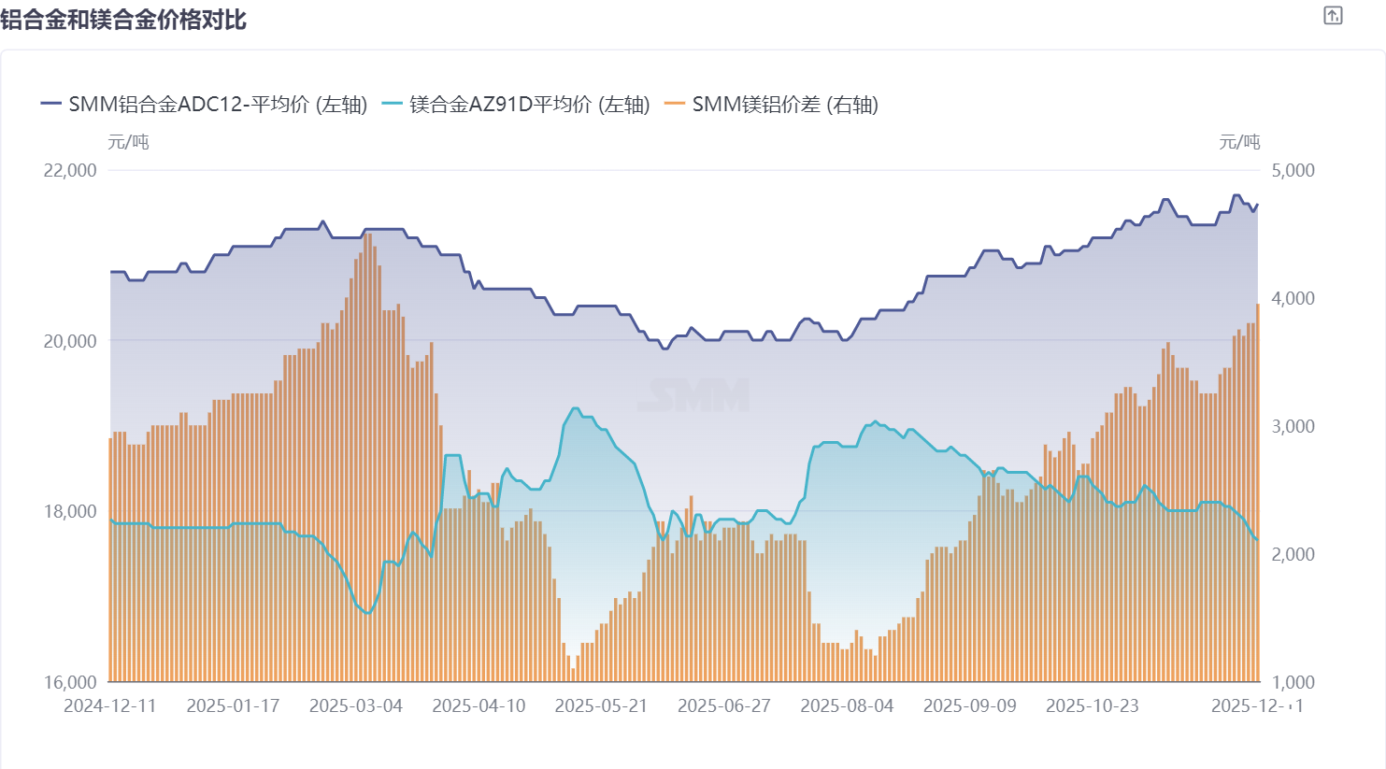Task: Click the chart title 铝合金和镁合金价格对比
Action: tap(123, 20)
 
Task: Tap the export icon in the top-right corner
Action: tap(1333, 16)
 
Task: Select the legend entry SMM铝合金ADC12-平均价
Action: tap(205, 105)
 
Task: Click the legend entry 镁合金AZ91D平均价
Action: tap(517, 105)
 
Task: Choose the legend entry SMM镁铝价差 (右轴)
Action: tap(772, 105)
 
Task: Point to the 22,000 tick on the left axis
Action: tap(70, 170)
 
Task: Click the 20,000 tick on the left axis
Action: tap(70, 341)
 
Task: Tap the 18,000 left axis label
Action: tap(70, 511)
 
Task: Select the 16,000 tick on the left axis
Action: tap(70, 682)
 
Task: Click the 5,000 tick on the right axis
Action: tap(1293, 170)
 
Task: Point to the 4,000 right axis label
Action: tap(1293, 298)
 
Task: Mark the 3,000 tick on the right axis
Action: tap(1293, 426)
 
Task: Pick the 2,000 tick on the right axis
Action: tap(1293, 554)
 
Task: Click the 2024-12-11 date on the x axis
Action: tap(110, 705)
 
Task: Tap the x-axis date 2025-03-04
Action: tap(356, 705)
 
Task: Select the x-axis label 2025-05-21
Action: tap(601, 705)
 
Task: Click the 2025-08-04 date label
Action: tap(847, 705)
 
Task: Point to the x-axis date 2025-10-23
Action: tap(1093, 705)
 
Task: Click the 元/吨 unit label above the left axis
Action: tap(128, 142)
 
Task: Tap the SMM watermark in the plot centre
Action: tap(693, 395)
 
